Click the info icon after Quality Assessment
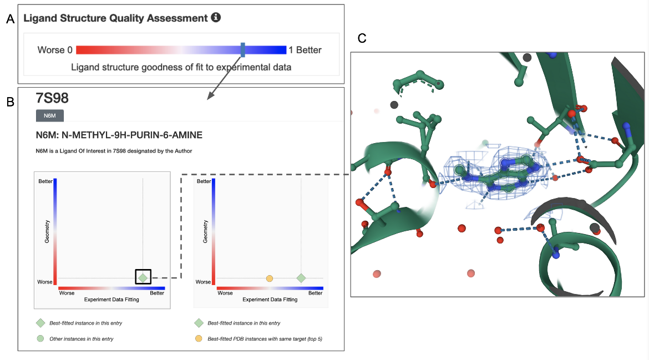[x=216, y=18]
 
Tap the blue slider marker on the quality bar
[x=243, y=49]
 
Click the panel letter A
[x=9, y=20]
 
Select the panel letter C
[x=362, y=38]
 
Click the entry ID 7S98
[x=52, y=99]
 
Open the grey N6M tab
[x=49, y=115]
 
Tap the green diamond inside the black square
[x=143, y=276]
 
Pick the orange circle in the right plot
[x=270, y=278]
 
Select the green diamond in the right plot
[x=301, y=277]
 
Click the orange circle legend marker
[x=198, y=338]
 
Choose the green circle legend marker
[x=40, y=338]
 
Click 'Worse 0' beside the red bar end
[x=54, y=50]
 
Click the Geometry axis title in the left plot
[x=48, y=231]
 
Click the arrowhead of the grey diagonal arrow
[x=209, y=98]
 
